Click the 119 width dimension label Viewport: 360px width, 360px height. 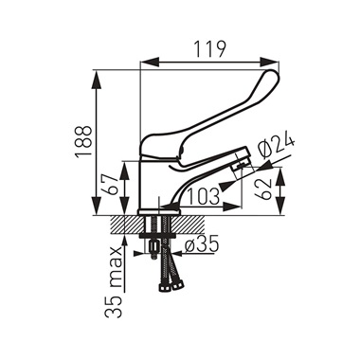pyautogui.click(x=209, y=49)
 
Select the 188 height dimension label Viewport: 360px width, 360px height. pyautogui.click(x=83, y=141)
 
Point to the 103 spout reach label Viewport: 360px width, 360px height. pyautogui.click(x=204, y=196)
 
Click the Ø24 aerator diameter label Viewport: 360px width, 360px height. pyautogui.click(x=276, y=147)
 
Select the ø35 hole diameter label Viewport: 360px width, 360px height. pyautogui.click(x=202, y=244)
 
